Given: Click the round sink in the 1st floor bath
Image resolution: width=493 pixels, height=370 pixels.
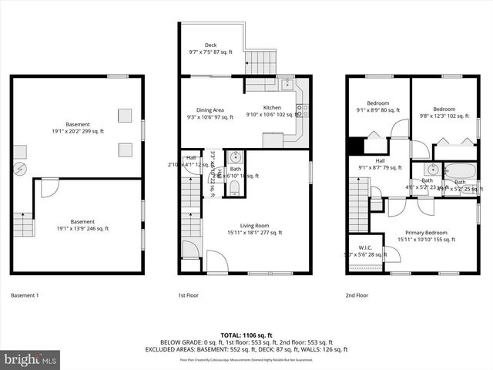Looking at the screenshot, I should pos(235,159).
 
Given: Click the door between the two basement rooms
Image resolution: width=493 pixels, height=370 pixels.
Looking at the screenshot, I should pos(49,186).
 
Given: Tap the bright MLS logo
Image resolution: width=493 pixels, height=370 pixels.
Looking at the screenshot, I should pos(31,359).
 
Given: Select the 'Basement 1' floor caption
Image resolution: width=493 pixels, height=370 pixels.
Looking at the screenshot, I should pos(25,295).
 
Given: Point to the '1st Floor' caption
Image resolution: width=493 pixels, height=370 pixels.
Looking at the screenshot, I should pos(189,295).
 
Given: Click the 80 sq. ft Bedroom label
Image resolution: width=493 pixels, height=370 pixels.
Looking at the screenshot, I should pos(377,107).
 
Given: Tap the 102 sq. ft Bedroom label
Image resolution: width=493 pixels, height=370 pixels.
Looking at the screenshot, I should pos(444,113).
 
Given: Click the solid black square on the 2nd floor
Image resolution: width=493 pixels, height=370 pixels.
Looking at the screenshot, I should pos(355,146).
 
